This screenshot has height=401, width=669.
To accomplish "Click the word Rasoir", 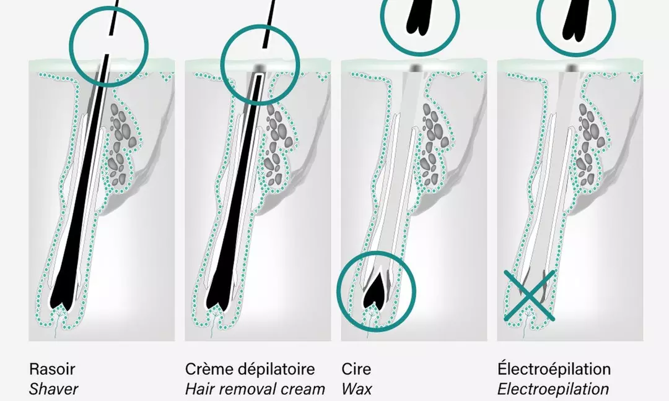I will click(x=52, y=369).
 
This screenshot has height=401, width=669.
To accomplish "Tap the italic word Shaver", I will click(x=54, y=389).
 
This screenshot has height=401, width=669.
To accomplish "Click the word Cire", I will click(x=357, y=369).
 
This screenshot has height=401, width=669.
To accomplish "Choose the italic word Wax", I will click(x=357, y=389).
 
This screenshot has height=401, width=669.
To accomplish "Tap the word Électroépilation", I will click(x=554, y=369).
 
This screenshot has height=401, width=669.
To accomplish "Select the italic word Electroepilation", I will click(x=553, y=389).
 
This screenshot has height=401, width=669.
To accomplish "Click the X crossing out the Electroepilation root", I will click(x=529, y=296).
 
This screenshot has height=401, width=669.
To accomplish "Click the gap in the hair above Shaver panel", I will click(x=109, y=45).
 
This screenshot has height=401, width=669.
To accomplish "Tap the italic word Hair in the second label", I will click(x=199, y=389).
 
